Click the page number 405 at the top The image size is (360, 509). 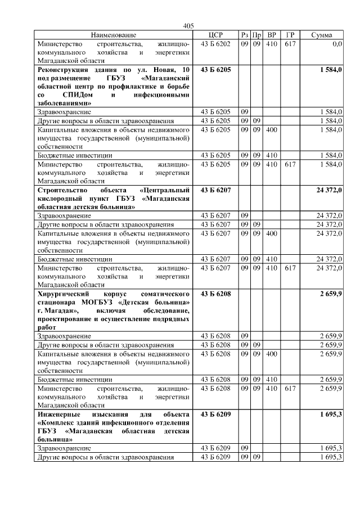pos(188,26)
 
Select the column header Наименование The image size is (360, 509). pos(113,35)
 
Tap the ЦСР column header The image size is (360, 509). pos(216,35)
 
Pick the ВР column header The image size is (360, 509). pos(272,35)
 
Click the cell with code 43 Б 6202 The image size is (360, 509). pos(216,43)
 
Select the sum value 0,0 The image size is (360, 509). pos(337,43)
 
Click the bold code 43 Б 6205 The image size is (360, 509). pos(216,69)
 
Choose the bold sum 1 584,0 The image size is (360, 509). pos(330,69)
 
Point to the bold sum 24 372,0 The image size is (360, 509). pos(329,190)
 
